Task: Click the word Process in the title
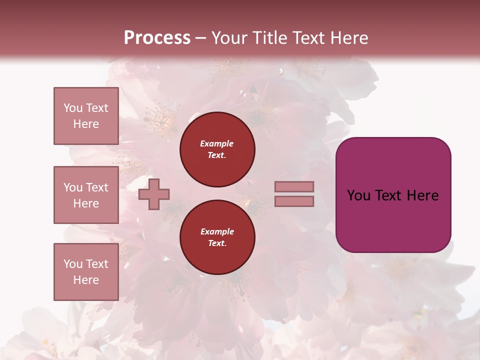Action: [x=157, y=38]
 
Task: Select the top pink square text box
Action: [x=86, y=116]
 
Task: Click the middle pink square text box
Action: [x=86, y=195]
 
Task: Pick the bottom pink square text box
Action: [x=86, y=271]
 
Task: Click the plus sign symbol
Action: [x=154, y=194]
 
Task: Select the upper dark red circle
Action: [x=217, y=149]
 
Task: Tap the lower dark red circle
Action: [x=217, y=237]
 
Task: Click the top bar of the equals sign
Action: [x=294, y=187]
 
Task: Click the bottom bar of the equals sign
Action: [x=294, y=201]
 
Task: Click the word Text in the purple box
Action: [x=388, y=195]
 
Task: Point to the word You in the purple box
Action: [x=358, y=195]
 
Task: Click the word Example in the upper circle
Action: [x=216, y=143]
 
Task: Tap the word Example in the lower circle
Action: [x=216, y=231]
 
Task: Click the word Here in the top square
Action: [x=86, y=124]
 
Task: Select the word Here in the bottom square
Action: [x=86, y=280]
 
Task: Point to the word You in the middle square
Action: [x=72, y=187]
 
